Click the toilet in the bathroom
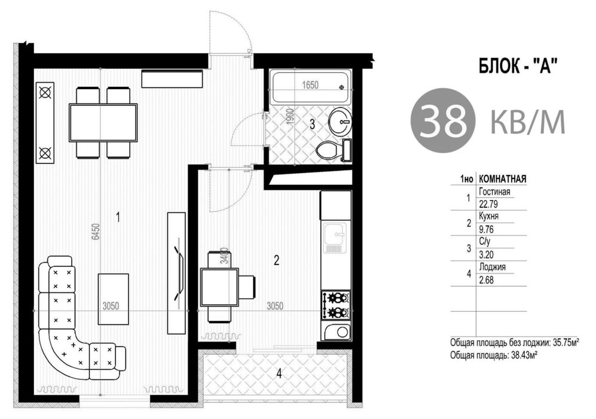click(328, 151)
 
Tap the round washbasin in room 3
click(341, 121)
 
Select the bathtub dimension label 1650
click(310, 85)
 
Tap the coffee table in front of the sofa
click(113, 299)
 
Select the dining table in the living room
click(103, 123)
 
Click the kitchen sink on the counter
click(334, 238)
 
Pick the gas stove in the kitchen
click(336, 305)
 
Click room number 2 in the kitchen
click(276, 261)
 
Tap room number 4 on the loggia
click(279, 375)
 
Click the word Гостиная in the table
click(494, 192)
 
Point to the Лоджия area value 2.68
click(487, 280)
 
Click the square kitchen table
click(220, 287)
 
